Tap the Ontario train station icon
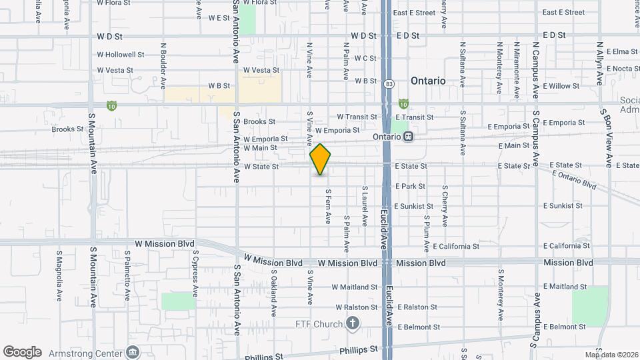click(x=408, y=136)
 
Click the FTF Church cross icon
click(x=353, y=324)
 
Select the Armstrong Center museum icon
click(x=132, y=352)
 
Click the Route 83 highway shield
click(x=389, y=84)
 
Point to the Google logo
click(x=22, y=351)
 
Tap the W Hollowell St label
click(x=121, y=55)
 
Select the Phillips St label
click(x=358, y=349)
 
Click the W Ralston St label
click(x=357, y=307)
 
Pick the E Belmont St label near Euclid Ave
click(x=418, y=327)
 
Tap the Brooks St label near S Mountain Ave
click(x=68, y=129)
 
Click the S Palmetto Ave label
click(x=127, y=275)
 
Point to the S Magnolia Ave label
click(x=59, y=275)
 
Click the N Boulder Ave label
click(x=163, y=67)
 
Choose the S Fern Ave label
click(x=328, y=206)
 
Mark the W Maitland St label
click(x=357, y=287)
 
